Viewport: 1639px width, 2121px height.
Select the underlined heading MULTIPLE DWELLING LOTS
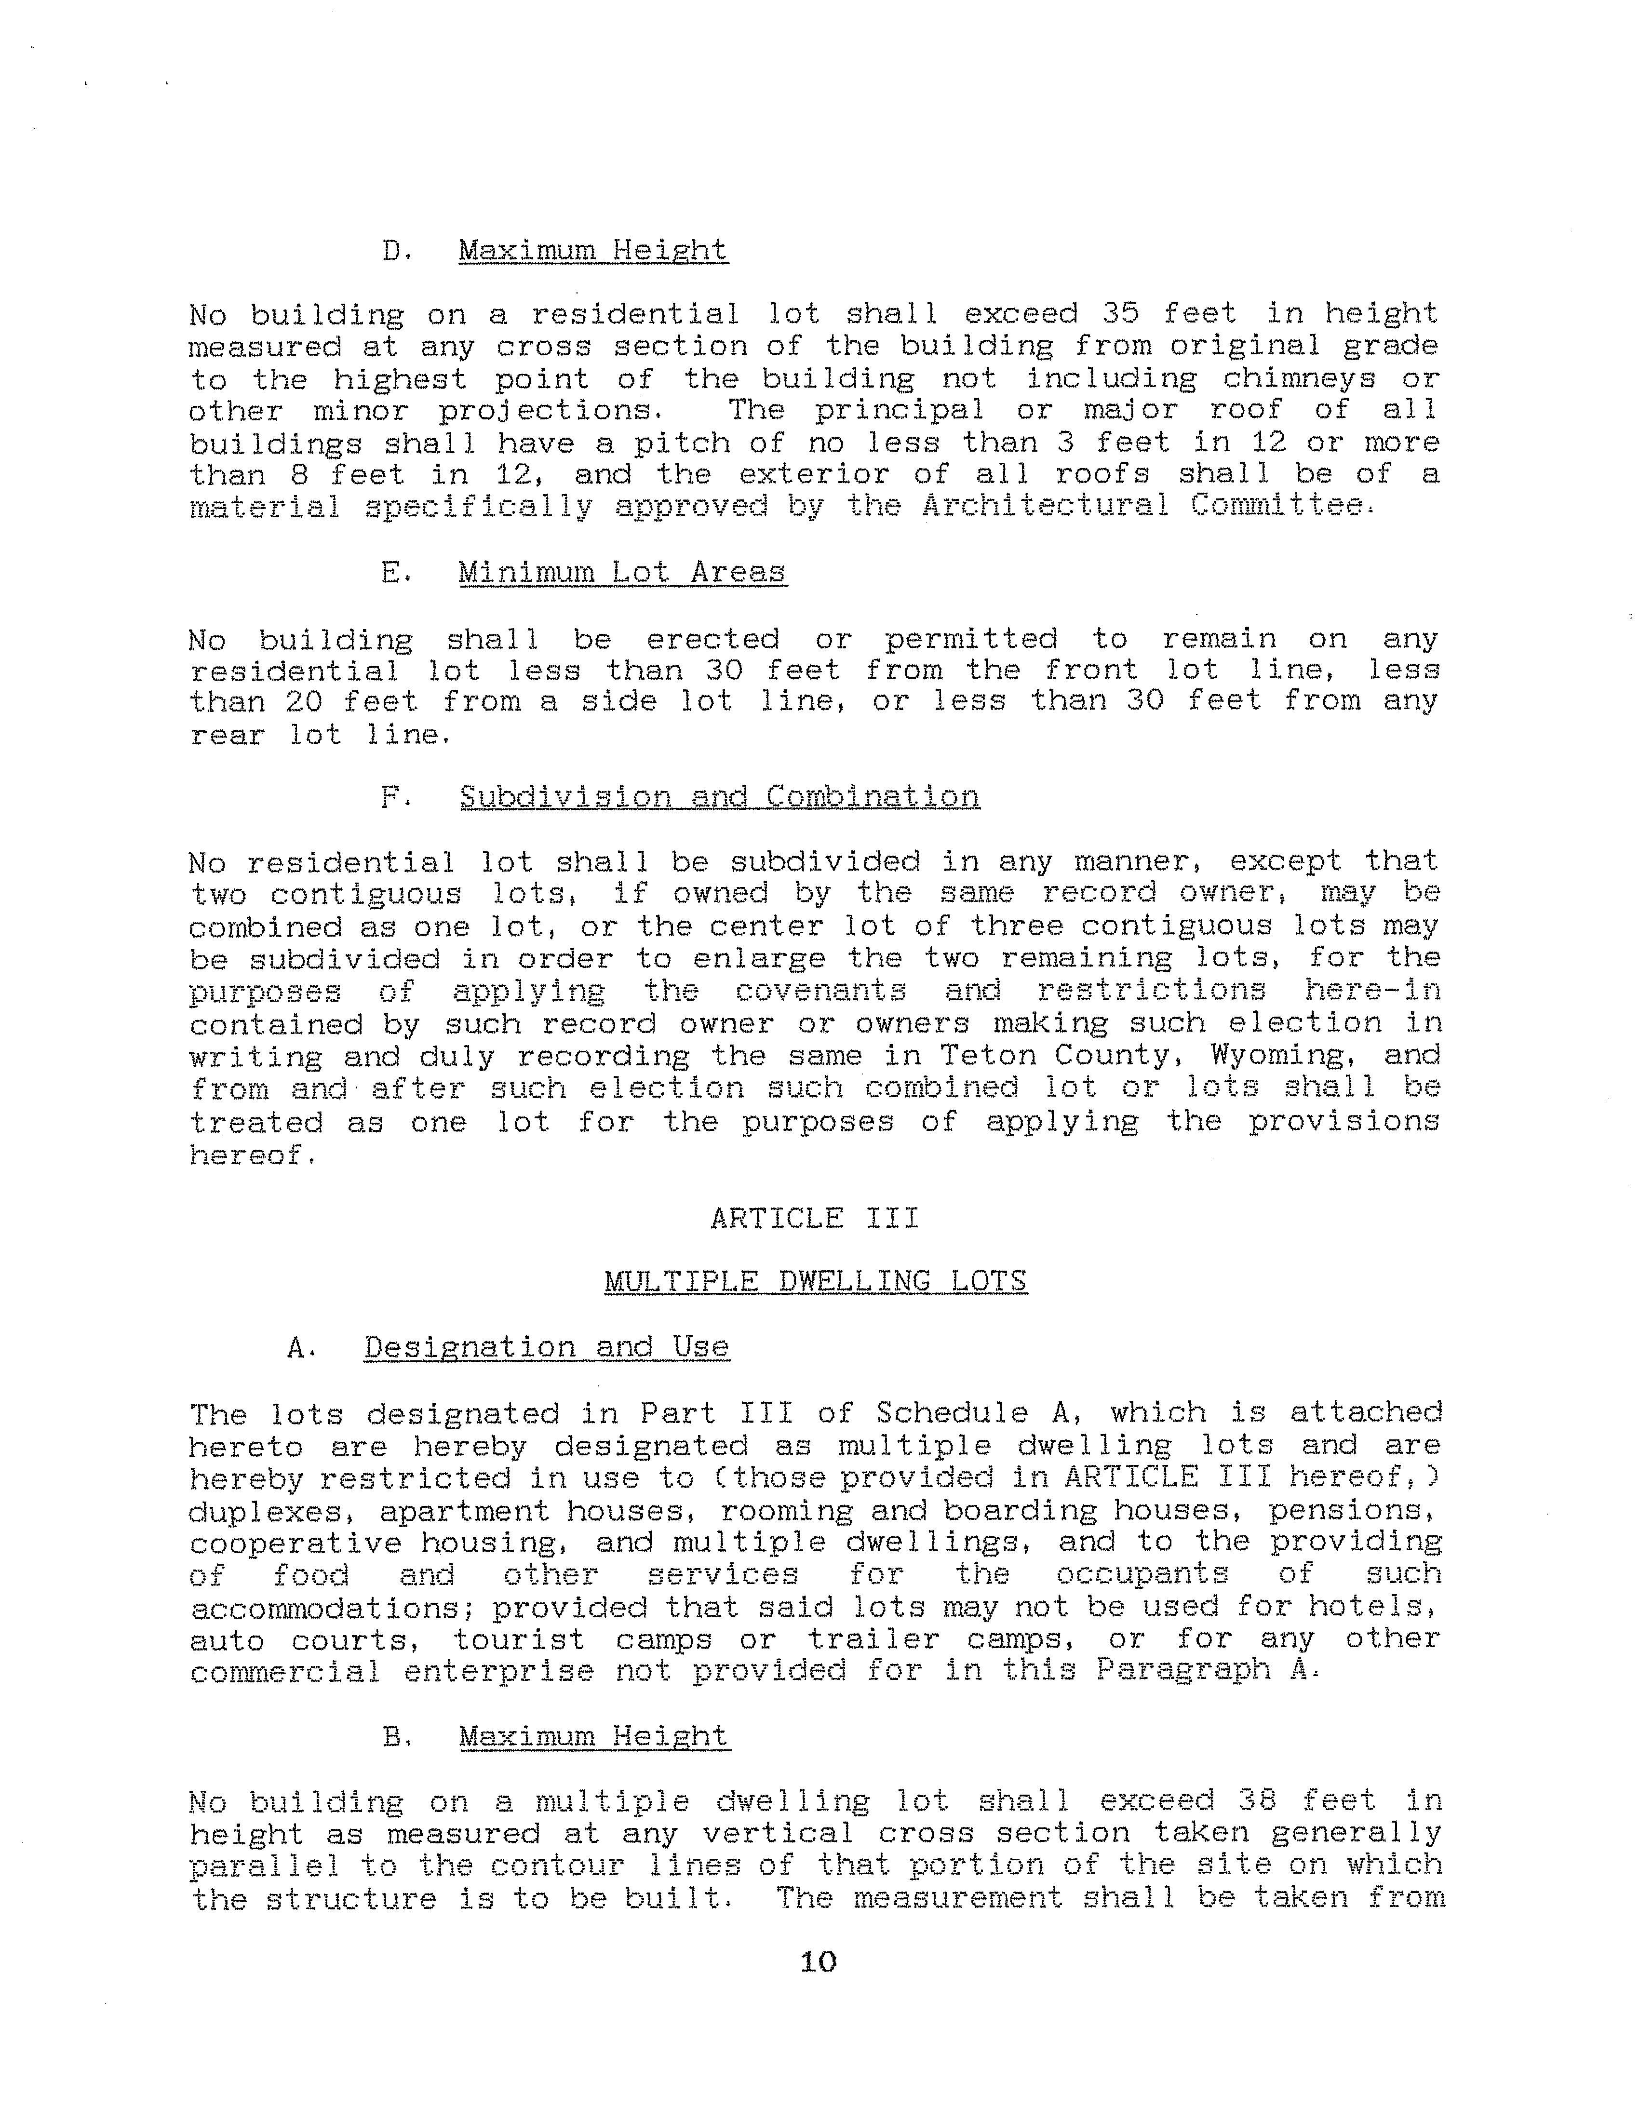(x=815, y=1282)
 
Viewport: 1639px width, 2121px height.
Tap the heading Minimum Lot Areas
(x=621, y=572)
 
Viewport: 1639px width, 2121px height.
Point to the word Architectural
(x=1045, y=506)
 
